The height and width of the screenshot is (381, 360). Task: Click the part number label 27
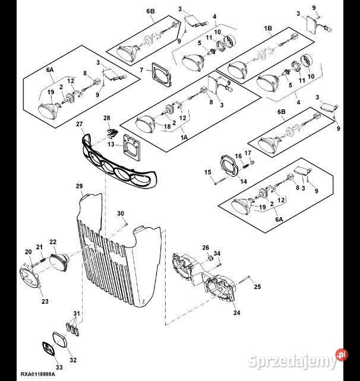[79, 124]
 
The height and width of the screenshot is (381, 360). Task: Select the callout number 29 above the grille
[79, 187]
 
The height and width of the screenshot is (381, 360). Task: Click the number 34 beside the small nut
[217, 254]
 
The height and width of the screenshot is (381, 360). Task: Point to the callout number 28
[107, 119]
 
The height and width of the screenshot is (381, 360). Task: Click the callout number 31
[75, 313]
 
